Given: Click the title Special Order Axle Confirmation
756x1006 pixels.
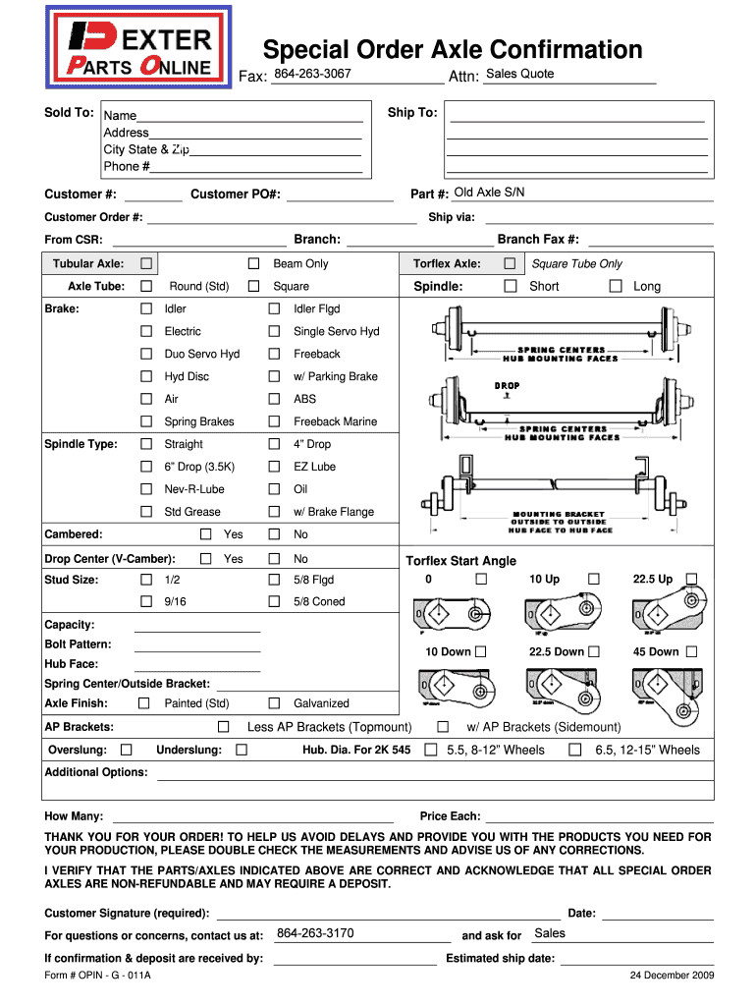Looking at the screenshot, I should (x=452, y=50).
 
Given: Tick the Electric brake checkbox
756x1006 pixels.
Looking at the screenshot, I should (x=146, y=332).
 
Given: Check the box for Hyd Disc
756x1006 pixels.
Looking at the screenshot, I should (x=146, y=377).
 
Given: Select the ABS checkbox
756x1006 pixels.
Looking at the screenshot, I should (x=275, y=400).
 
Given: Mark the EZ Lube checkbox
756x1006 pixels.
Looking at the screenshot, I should (x=275, y=468).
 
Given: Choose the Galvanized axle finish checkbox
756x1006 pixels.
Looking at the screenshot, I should (x=275, y=703).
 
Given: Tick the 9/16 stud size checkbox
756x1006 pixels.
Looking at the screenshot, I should (x=146, y=602).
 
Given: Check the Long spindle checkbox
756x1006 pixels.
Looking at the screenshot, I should (x=616, y=287).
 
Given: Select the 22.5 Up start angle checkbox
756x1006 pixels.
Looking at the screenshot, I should (x=692, y=579).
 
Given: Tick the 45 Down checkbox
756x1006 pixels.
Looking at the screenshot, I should (x=692, y=651).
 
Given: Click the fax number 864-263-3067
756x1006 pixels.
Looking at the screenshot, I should (x=312, y=75).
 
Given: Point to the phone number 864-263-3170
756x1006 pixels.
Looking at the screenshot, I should (x=315, y=933).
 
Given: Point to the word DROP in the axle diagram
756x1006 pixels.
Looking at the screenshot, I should (x=507, y=386).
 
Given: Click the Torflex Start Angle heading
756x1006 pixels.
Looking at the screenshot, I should (x=460, y=561).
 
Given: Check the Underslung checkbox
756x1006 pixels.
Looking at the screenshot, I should (x=242, y=751).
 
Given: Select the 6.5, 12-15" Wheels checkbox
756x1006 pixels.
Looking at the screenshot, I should (x=575, y=751).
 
